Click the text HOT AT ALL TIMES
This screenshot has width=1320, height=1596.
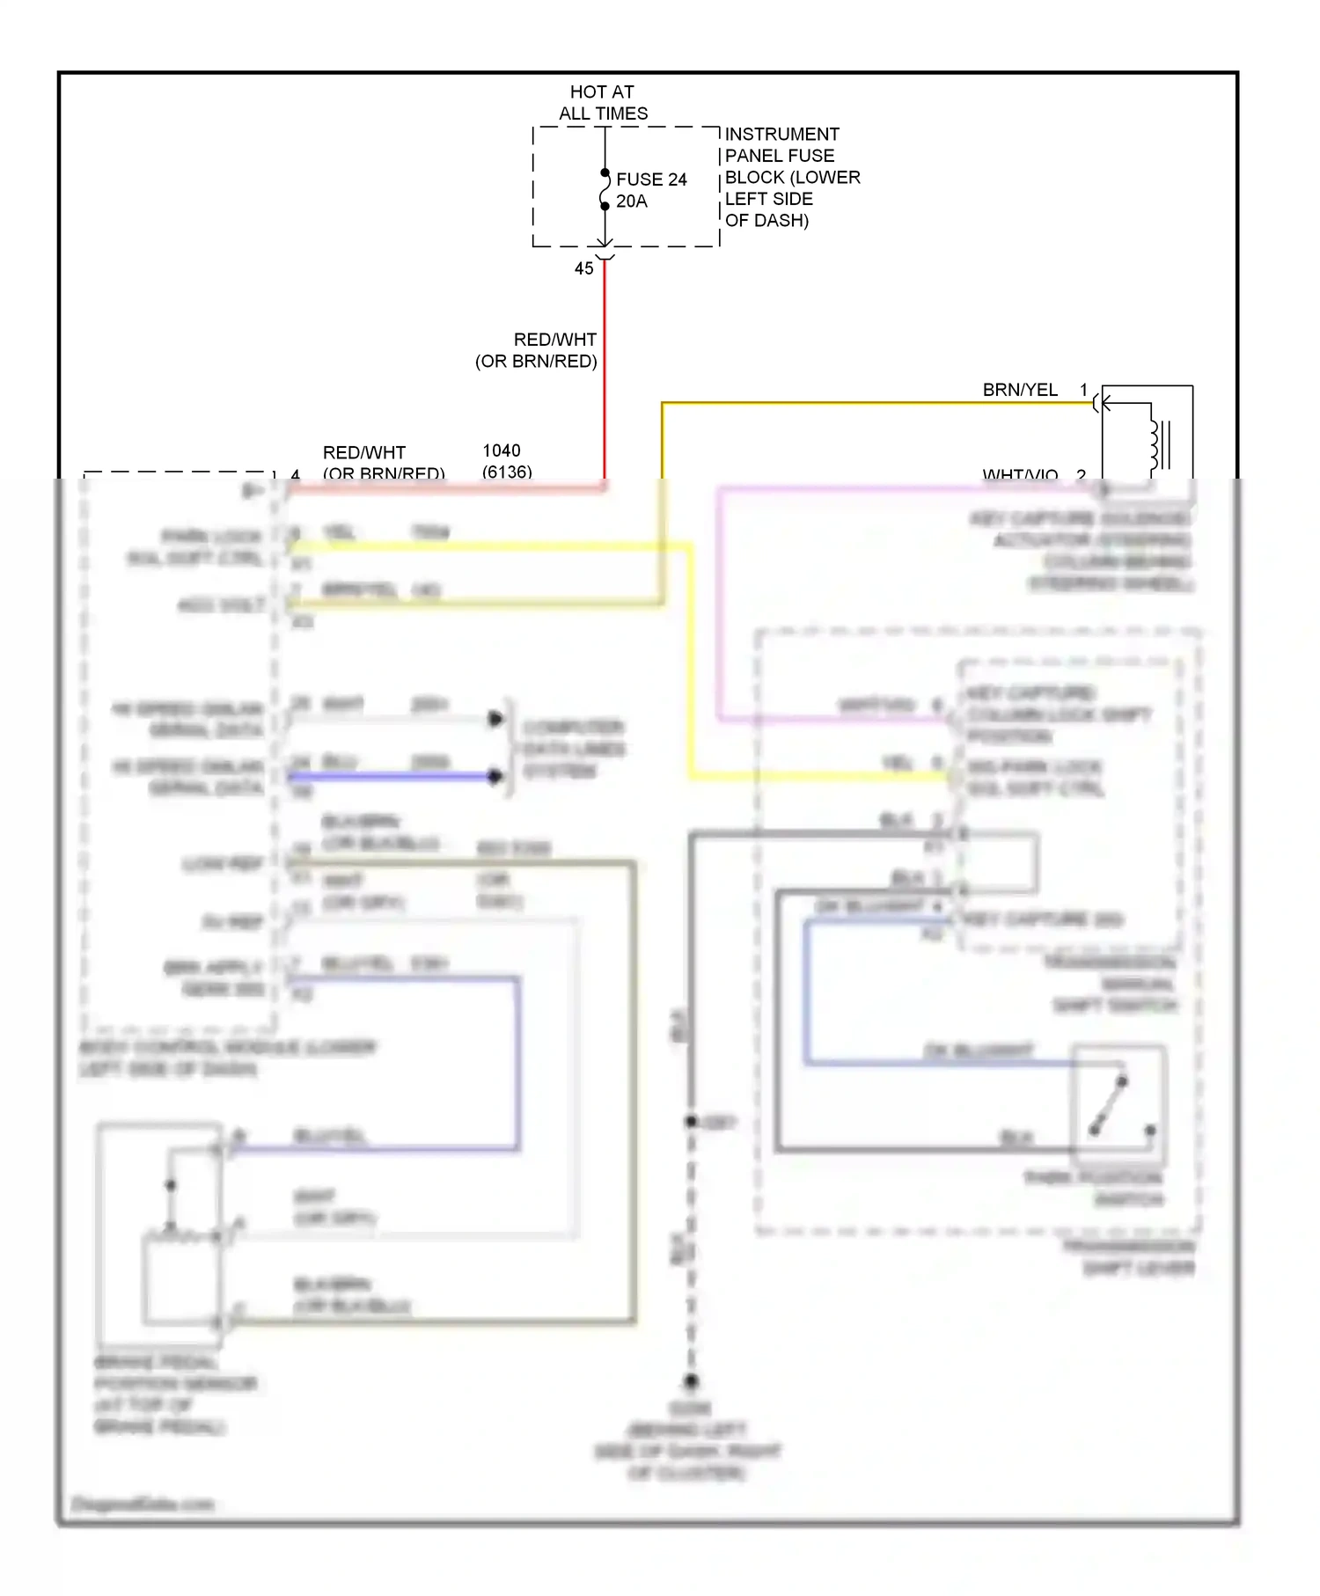tap(603, 102)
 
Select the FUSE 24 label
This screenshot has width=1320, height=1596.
tap(651, 179)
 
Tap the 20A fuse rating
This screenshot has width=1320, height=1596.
tap(632, 201)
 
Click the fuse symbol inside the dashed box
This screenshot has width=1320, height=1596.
tap(605, 189)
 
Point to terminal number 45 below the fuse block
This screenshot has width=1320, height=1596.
tap(584, 268)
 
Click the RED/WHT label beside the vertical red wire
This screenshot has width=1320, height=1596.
tap(554, 340)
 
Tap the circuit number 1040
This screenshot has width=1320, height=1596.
tap(502, 450)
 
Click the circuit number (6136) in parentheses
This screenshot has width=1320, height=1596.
tap(507, 472)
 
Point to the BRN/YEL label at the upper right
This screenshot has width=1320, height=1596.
tap(1020, 390)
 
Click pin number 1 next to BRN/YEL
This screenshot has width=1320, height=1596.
tap(1083, 389)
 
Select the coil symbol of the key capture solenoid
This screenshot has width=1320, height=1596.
tap(1155, 444)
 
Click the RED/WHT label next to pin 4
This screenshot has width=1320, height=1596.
tap(364, 452)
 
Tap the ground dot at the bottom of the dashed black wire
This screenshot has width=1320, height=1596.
tap(692, 1381)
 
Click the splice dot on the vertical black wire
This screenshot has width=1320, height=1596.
tap(692, 1121)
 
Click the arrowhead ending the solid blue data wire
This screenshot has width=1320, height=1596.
tap(495, 776)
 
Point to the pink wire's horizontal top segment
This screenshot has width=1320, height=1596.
tap(880, 488)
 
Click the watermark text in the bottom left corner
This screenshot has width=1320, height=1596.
tap(142, 1504)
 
